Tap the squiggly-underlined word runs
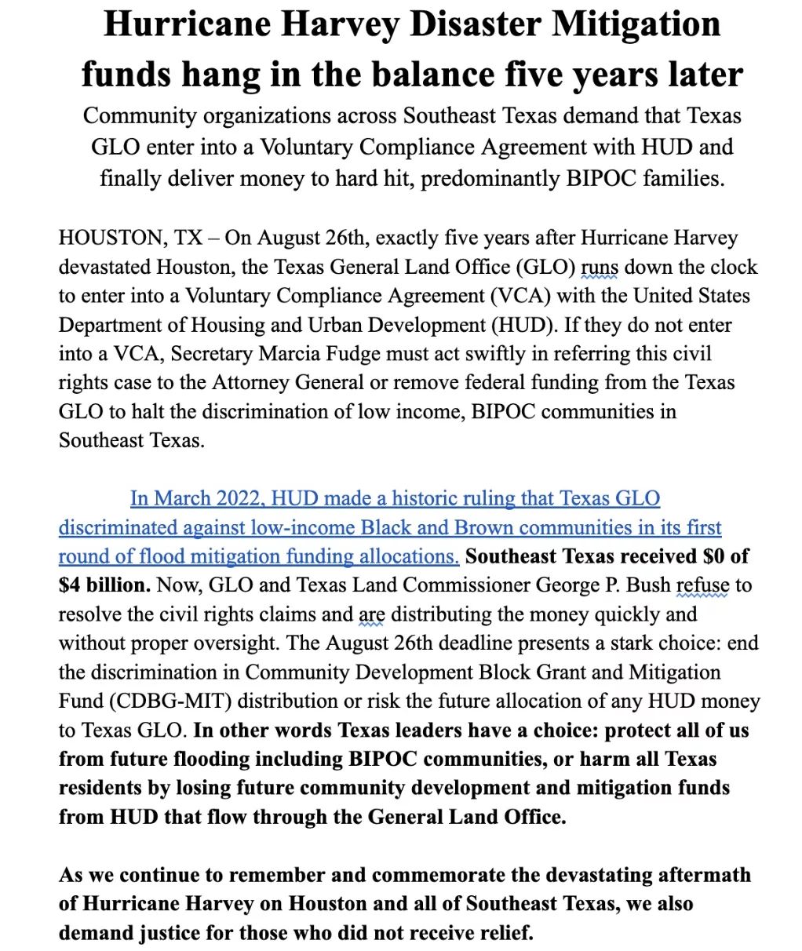(x=600, y=267)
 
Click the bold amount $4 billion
(x=104, y=585)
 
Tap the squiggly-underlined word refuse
(x=703, y=585)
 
